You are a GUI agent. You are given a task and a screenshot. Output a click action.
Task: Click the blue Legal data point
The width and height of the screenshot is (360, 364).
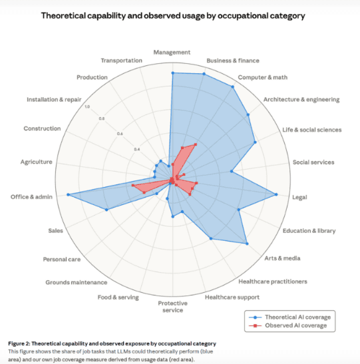click(276, 194)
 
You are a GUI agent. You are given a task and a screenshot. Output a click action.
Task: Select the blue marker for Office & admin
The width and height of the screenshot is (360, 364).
click(68, 194)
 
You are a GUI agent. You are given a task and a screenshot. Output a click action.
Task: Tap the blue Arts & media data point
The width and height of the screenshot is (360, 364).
click(247, 244)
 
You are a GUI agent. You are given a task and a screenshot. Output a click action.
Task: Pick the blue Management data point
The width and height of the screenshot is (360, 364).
click(173, 73)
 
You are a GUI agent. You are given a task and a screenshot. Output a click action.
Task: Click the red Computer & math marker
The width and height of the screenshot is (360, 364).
click(196, 144)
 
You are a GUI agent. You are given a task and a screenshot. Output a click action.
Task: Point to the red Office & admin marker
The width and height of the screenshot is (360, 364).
click(133, 185)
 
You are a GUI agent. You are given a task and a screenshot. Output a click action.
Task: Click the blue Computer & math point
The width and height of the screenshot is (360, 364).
click(233, 87)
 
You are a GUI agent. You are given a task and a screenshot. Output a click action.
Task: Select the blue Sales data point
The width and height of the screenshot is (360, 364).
click(106, 210)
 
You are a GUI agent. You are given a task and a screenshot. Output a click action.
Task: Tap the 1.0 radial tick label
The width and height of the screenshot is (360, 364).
click(87, 106)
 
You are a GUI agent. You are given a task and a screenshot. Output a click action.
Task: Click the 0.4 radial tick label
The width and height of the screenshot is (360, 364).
click(137, 149)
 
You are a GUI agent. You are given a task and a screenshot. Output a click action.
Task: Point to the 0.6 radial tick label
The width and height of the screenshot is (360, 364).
click(120, 134)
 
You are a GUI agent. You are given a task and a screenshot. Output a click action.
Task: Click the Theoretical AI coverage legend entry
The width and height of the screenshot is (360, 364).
click(289, 317)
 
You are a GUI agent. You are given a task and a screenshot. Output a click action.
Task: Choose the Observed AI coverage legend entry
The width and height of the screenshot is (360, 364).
click(287, 325)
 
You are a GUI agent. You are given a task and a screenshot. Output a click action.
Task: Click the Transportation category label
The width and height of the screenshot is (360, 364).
click(121, 61)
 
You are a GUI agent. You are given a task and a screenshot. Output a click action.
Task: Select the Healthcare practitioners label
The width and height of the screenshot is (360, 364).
click(273, 281)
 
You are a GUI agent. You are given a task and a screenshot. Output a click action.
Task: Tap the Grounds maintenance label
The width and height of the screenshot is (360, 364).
click(77, 282)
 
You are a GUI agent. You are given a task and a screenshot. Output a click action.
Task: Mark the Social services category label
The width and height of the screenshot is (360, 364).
click(313, 162)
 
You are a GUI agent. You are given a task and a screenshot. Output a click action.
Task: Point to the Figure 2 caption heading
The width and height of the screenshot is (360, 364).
click(112, 343)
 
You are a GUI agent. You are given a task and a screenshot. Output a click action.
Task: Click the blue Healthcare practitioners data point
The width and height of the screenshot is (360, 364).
click(211, 238)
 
